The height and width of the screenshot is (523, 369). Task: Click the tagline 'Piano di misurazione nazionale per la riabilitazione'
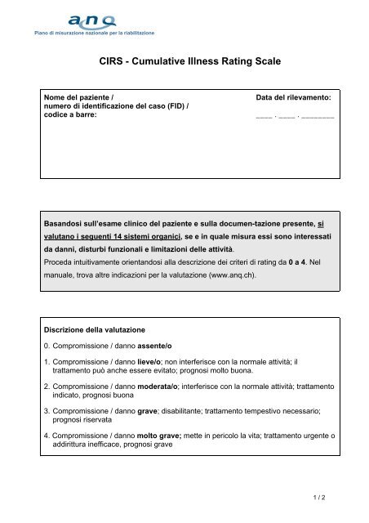coord(93,34)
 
